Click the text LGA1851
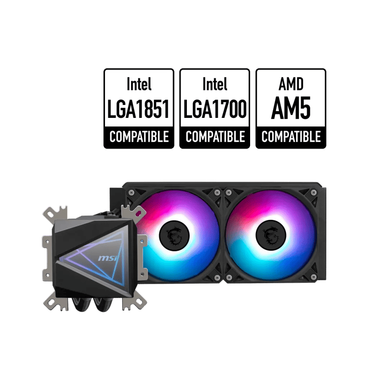138,109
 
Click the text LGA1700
215,109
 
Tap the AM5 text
291,108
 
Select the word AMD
291,84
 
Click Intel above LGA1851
139,84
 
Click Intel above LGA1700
215,84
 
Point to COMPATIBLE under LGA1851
139,137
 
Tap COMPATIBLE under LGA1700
215,137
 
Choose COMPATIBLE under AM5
291,137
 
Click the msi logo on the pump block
108,258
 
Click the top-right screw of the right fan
313,193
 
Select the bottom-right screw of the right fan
313,277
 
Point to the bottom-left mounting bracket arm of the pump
55,302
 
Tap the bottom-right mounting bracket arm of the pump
134,302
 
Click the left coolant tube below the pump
80,305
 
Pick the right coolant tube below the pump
103,305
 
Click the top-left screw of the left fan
131,193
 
